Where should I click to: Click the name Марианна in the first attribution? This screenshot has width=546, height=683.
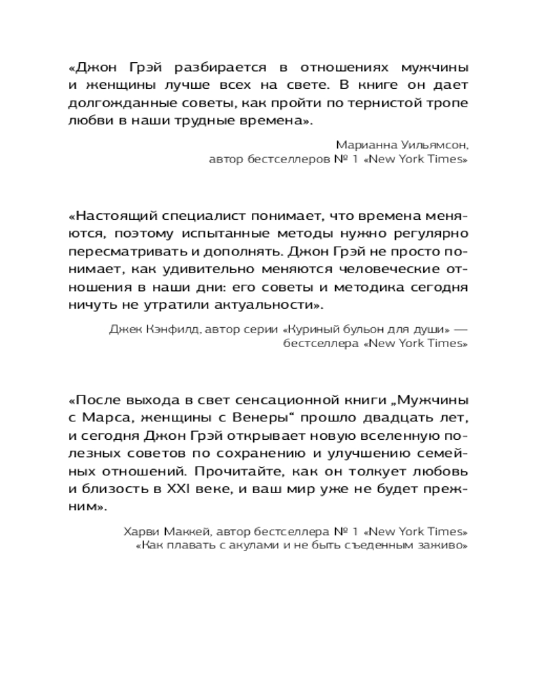pos(363,144)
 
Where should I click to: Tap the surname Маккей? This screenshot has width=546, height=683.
pos(183,531)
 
